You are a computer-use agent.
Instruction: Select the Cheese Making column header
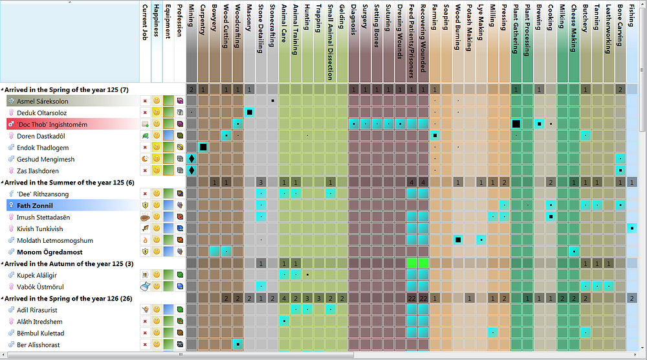click(573, 28)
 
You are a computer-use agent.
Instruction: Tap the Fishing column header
click(631, 16)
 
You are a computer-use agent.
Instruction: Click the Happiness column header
click(157, 21)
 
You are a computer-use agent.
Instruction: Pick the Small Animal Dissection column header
click(331, 42)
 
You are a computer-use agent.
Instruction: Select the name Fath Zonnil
click(35, 206)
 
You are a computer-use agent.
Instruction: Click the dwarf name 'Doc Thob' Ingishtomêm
click(52, 124)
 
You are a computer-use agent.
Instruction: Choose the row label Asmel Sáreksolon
click(43, 101)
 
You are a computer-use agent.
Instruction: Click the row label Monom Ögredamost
click(50, 252)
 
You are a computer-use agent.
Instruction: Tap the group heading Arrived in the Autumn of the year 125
click(69, 264)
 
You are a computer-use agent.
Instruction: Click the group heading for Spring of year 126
click(68, 298)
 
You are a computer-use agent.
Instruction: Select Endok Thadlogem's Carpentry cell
click(203, 147)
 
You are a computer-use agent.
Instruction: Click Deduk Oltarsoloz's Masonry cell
click(249, 112)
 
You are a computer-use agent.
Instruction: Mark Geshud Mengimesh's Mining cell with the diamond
click(192, 159)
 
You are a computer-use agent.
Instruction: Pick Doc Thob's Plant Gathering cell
click(516, 124)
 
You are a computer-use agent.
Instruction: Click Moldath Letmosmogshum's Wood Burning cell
click(458, 240)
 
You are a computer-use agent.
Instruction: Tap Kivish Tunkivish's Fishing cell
click(631, 228)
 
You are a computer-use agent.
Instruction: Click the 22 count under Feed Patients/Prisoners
click(411, 298)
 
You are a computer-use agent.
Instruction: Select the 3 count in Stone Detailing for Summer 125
click(261, 182)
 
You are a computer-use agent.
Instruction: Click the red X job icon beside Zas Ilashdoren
click(145, 170)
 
